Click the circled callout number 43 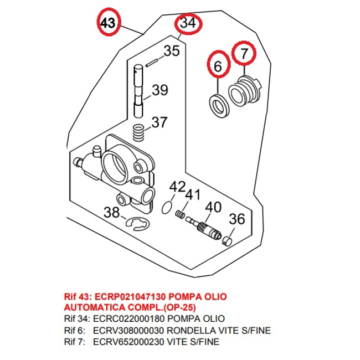(107, 23)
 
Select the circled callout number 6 (218, 66)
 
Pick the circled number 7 (245, 54)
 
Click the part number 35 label (172, 52)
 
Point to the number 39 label (160, 90)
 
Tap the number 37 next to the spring (160, 122)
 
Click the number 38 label (111, 212)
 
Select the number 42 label (177, 186)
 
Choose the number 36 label (236, 219)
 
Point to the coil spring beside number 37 (140, 132)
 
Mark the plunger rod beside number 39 (139, 89)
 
